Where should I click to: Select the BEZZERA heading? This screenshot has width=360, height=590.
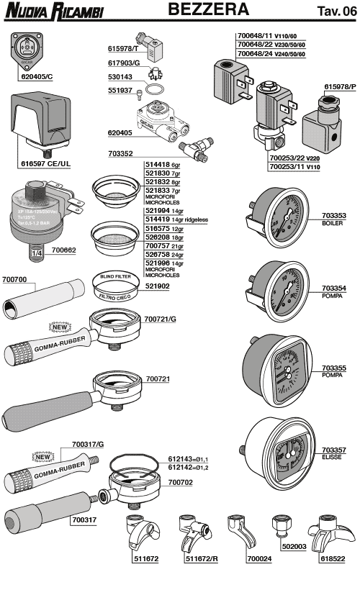[x=209, y=10]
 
